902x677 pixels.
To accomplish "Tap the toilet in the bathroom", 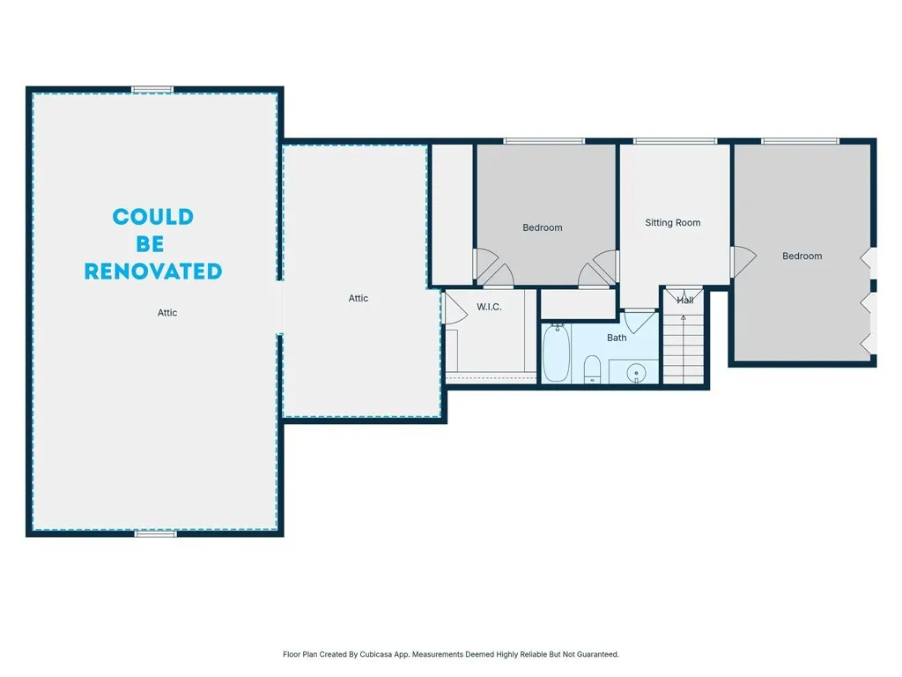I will pyautogui.click(x=592, y=368).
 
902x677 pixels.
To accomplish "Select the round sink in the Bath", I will pyautogui.click(x=638, y=373).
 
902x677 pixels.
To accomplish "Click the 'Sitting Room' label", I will pyautogui.click(x=673, y=223).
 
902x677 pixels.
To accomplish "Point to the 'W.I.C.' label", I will pyautogui.click(x=489, y=307).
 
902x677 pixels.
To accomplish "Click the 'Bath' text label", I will pyautogui.click(x=617, y=338).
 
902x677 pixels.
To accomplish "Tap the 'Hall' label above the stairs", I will pyautogui.click(x=685, y=301).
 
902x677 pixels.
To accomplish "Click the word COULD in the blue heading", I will pyautogui.click(x=152, y=217).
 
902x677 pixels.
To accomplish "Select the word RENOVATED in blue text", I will pyautogui.click(x=152, y=272).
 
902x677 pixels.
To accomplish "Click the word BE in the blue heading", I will pyautogui.click(x=150, y=244).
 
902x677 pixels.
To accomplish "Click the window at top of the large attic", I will pyautogui.click(x=152, y=89).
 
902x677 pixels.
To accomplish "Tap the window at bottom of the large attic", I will pyautogui.click(x=155, y=533).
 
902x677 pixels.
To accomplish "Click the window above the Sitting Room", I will pyautogui.click(x=675, y=140).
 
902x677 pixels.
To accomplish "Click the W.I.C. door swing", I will pyautogui.click(x=453, y=308).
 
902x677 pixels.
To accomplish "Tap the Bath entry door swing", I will pyautogui.click(x=640, y=318).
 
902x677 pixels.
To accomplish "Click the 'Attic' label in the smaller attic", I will pyautogui.click(x=359, y=298).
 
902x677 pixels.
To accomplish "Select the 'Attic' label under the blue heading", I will pyautogui.click(x=167, y=312).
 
